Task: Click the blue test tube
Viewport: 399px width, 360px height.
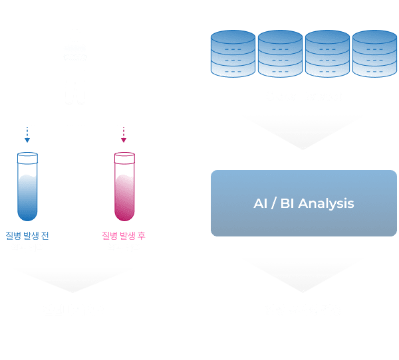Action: [x=27, y=189]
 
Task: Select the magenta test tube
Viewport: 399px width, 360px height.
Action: [x=124, y=189]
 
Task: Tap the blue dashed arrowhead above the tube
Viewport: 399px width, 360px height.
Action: [x=27, y=140]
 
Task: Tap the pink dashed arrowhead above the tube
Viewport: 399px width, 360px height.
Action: [x=124, y=140]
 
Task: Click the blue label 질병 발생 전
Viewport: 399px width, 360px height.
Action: [x=27, y=236]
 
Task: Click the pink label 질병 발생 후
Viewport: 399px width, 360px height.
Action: [x=124, y=236]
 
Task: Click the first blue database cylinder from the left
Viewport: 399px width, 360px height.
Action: [x=233, y=53]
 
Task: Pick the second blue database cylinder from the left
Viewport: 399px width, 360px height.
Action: [x=280, y=53]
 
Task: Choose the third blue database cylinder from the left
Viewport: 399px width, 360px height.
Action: [x=327, y=53]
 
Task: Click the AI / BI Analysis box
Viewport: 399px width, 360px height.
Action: [x=303, y=203]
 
